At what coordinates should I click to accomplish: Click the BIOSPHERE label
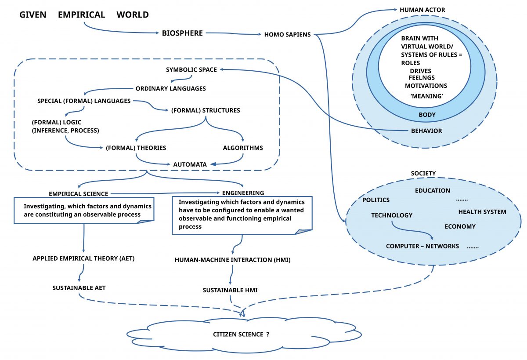click(182, 33)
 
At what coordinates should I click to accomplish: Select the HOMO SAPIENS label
click(287, 35)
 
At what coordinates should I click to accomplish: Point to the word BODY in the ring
click(427, 115)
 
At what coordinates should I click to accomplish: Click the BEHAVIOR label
click(426, 131)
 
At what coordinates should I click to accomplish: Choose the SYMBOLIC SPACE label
click(191, 69)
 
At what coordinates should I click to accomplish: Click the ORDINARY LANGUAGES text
click(170, 88)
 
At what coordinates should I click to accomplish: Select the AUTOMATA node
click(190, 164)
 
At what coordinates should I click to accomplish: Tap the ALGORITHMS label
click(243, 148)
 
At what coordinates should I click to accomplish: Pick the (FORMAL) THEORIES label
click(136, 148)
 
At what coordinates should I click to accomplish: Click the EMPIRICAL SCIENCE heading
click(79, 193)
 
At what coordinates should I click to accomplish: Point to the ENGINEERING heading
click(243, 193)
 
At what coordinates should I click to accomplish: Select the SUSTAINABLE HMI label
click(230, 290)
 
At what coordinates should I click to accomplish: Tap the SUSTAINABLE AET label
click(79, 288)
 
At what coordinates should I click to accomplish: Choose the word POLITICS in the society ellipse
click(376, 200)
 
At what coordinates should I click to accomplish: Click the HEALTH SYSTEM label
click(482, 211)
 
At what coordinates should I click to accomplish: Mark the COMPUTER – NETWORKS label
click(422, 246)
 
